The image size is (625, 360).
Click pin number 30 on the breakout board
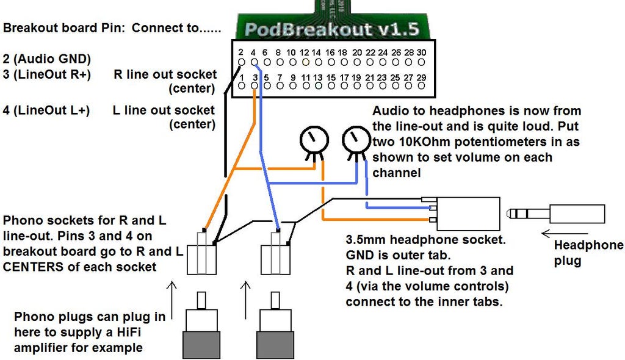422,53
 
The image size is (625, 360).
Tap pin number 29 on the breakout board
421,77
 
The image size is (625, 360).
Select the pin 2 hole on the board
241,62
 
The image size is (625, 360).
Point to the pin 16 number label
330,53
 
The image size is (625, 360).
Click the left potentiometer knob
311,140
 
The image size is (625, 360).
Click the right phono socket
275,259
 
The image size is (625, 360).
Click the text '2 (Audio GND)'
46,59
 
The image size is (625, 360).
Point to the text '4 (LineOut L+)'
46,111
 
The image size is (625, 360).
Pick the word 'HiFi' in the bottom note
135,333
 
